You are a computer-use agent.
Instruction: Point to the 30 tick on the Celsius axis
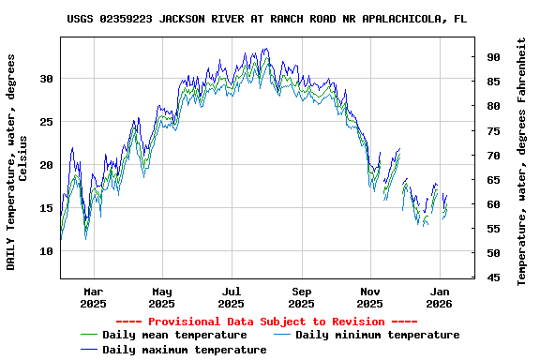[46, 79]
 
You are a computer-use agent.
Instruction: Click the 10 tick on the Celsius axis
[46, 251]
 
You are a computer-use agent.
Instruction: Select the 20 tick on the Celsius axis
[46, 165]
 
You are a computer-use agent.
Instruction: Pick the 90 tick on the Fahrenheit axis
[492, 57]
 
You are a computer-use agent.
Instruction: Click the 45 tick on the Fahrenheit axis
[492, 277]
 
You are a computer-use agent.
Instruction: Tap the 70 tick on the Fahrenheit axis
[492, 155]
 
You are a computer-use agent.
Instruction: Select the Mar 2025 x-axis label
[93, 297]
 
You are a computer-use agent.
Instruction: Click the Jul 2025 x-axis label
[232, 297]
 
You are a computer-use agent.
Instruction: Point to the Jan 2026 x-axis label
[440, 297]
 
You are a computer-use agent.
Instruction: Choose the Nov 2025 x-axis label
[370, 297]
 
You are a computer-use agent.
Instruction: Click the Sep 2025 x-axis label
[301, 297]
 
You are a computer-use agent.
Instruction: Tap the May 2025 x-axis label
[162, 297]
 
